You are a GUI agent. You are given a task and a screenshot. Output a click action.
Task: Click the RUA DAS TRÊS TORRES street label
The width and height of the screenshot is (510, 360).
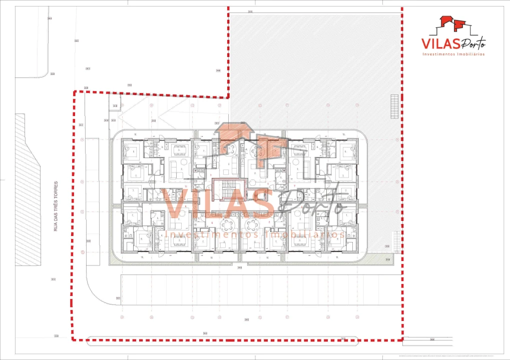(x=56, y=206)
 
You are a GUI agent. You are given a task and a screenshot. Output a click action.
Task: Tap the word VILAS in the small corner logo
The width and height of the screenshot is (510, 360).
(x=440, y=43)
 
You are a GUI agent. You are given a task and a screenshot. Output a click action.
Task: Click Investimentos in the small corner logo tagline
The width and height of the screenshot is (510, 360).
(x=440, y=54)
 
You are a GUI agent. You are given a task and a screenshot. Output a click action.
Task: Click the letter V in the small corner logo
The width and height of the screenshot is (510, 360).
(x=427, y=43)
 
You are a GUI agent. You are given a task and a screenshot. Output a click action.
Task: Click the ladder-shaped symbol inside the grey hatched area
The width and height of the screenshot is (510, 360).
(x=395, y=106)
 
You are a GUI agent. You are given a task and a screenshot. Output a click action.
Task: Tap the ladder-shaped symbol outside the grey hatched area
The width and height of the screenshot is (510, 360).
(x=396, y=242)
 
